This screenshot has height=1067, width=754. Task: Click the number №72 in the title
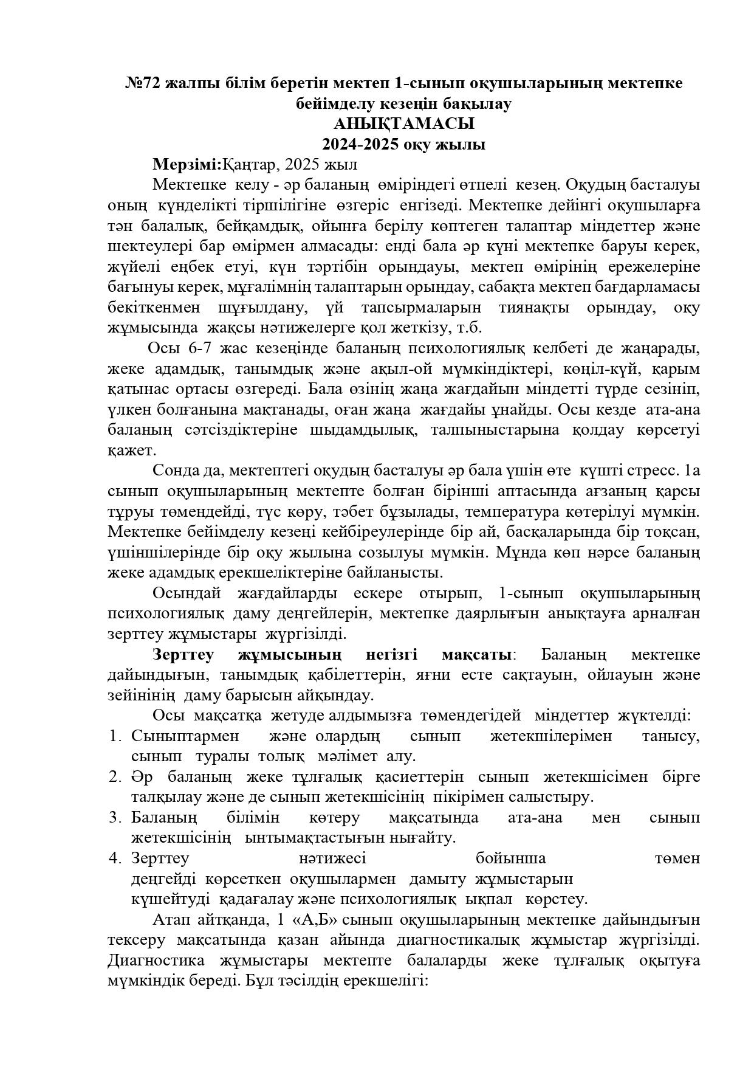pos(143,83)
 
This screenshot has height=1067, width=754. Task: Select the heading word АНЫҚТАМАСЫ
pos(403,124)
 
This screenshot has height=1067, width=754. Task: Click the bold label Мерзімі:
pos(188,165)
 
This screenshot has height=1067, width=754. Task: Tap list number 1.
pos(115,736)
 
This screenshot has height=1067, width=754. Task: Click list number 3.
pos(115,818)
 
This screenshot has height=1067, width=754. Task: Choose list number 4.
pos(115,858)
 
